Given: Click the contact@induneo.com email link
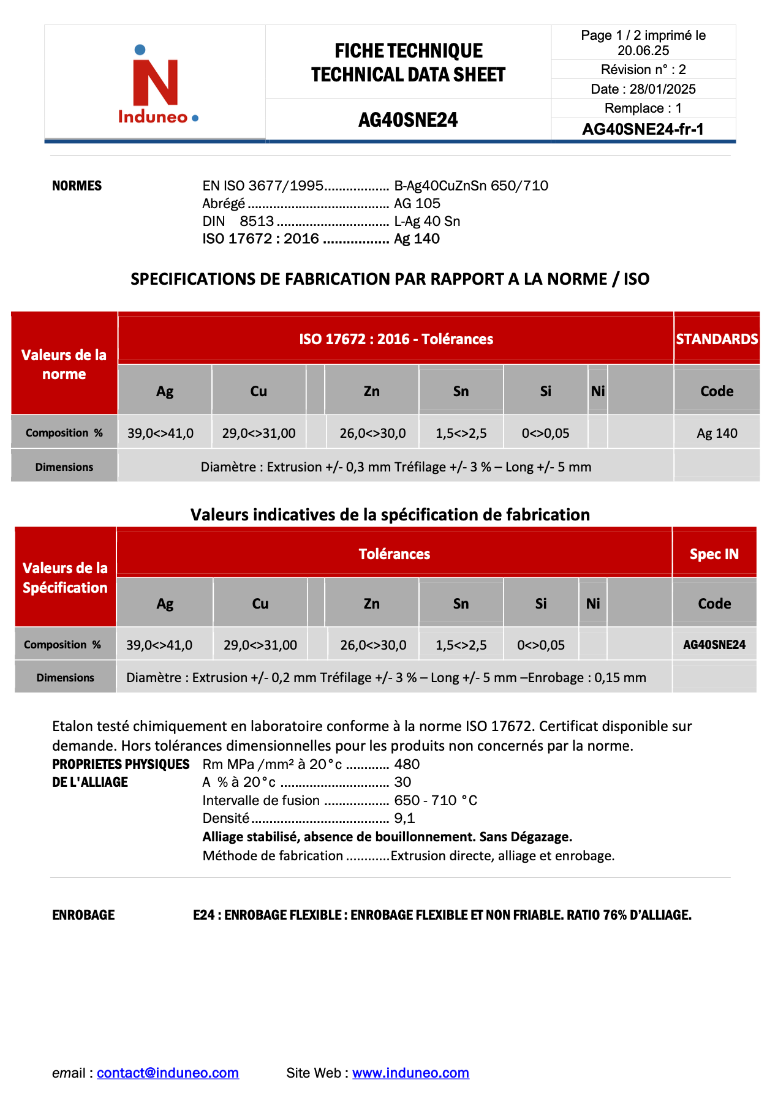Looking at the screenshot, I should [x=167, y=1072].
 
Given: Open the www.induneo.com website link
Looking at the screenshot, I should [x=410, y=1072].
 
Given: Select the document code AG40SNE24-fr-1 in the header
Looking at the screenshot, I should [x=643, y=129].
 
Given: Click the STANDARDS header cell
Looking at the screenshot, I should [x=717, y=339].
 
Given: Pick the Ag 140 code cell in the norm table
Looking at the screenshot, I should [x=717, y=433].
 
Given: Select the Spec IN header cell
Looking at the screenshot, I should [x=714, y=554].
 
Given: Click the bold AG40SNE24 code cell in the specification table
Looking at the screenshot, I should [x=714, y=644].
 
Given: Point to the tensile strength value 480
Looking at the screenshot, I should [x=407, y=764].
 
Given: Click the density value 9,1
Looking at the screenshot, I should [x=404, y=818].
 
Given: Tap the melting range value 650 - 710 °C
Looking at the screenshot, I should [x=435, y=800].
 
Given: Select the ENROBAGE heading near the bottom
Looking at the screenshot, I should [x=83, y=915].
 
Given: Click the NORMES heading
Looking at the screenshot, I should [x=77, y=186].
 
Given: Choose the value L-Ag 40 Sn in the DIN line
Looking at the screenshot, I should [x=426, y=221].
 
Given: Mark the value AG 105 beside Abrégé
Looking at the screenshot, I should [x=417, y=203].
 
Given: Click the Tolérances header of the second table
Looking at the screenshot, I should [x=394, y=554].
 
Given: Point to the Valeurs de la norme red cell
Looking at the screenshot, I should [x=64, y=364].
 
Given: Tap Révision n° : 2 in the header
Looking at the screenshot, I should [x=643, y=69].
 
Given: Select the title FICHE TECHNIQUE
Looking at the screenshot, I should [x=408, y=50].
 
